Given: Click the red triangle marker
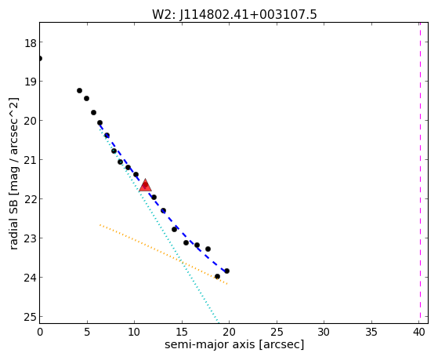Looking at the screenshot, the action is (145, 185).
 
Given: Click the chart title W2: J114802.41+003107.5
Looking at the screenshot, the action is (234, 15).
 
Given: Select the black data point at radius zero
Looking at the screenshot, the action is (40, 59).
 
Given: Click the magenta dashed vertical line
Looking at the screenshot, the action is (420, 173).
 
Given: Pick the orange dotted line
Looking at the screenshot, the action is (164, 254).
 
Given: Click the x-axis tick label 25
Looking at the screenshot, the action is (277, 332).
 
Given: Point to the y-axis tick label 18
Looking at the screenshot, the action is (30, 44).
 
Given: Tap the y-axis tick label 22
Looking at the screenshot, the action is (30, 200).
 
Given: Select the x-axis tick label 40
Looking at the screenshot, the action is (418, 332).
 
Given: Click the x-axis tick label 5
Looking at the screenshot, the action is (87, 332).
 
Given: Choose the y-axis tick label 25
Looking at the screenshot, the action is (30, 318).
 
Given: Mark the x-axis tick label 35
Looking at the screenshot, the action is (371, 332).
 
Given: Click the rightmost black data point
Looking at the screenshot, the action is (226, 271).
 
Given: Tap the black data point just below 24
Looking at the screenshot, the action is (217, 276).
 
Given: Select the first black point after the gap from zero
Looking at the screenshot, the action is (79, 90).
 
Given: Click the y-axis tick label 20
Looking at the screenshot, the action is (30, 122).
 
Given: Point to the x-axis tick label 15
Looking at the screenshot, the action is (182, 332).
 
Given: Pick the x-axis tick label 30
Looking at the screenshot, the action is (324, 332).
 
